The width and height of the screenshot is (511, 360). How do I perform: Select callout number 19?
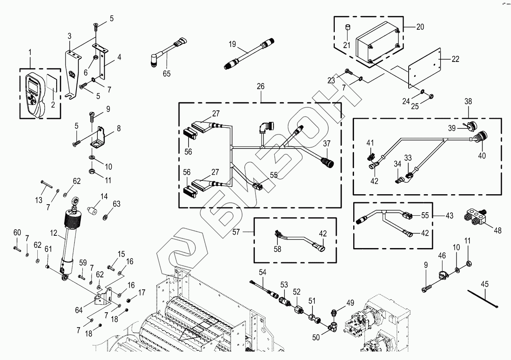tap(232, 44)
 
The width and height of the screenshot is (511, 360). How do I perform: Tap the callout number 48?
tap(498, 231)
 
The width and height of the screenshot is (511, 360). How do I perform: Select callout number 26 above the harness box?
tap(261, 87)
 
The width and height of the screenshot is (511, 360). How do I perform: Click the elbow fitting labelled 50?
tap(333, 327)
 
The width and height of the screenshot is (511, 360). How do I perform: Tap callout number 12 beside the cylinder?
tap(53, 233)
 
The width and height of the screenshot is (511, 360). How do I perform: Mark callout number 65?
tap(166, 73)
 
